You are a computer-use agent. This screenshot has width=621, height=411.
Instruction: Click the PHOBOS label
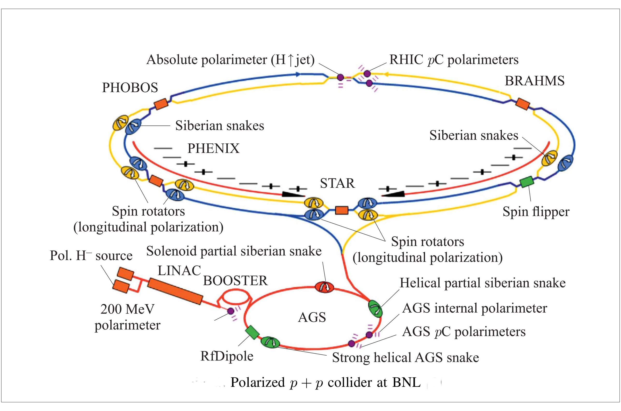pyautogui.click(x=130, y=88)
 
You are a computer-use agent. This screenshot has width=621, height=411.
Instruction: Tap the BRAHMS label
pyautogui.click(x=534, y=81)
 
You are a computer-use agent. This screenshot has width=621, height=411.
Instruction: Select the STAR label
pyautogui.click(x=337, y=183)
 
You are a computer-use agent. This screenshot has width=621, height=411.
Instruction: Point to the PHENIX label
pyautogui.click(x=213, y=148)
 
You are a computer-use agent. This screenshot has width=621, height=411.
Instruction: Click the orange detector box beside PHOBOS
pyautogui.click(x=161, y=104)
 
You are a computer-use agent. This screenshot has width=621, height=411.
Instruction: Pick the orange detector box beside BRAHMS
pyautogui.click(x=522, y=104)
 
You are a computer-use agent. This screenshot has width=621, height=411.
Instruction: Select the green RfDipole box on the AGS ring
pyautogui.click(x=253, y=332)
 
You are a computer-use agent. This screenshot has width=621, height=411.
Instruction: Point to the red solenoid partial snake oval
pyautogui.click(x=324, y=287)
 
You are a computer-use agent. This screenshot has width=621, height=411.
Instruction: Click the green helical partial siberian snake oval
pyautogui.click(x=375, y=309)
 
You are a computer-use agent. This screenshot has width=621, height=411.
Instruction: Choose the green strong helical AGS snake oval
pyautogui.click(x=270, y=342)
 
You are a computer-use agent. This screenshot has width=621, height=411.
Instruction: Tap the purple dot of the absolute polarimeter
pyautogui.click(x=340, y=77)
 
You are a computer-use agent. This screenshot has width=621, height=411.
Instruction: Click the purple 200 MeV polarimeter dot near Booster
pyautogui.click(x=231, y=311)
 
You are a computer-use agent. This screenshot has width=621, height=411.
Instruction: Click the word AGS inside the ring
pyautogui.click(x=312, y=317)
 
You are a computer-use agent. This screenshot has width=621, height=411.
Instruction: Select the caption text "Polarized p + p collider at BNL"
pyautogui.click(x=325, y=382)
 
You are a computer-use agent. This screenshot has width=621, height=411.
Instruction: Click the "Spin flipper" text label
pyautogui.click(x=536, y=212)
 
